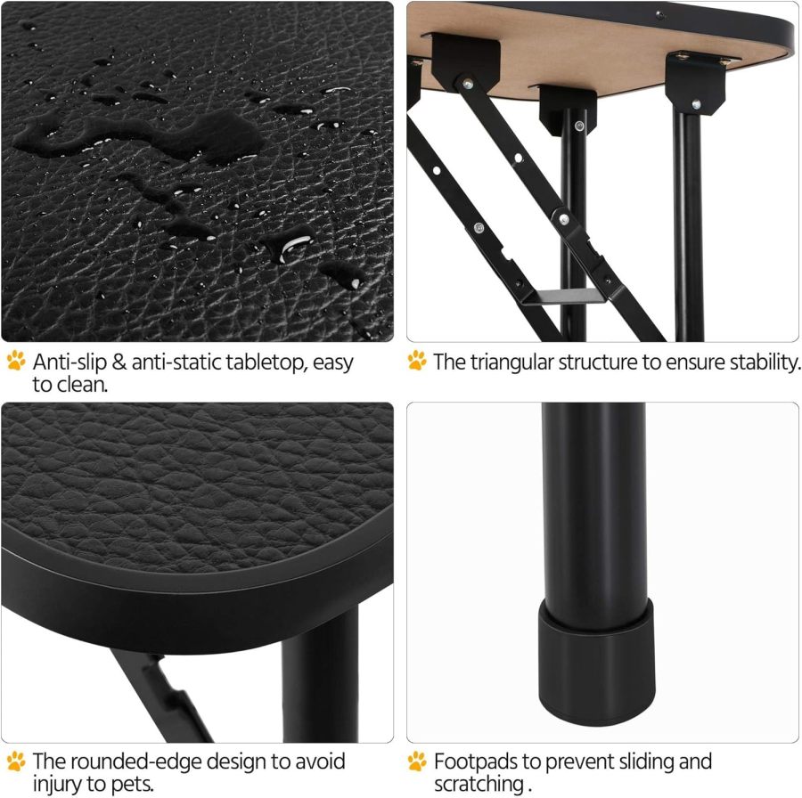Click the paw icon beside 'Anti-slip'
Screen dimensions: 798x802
(16, 362)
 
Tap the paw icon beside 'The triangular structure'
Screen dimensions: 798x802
(417, 362)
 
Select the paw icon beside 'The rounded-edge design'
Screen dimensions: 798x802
(16, 761)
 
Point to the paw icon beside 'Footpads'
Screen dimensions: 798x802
(417, 761)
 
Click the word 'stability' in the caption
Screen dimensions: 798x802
(760, 362)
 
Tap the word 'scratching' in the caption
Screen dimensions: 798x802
(478, 784)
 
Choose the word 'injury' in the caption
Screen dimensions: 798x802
(61, 784)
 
